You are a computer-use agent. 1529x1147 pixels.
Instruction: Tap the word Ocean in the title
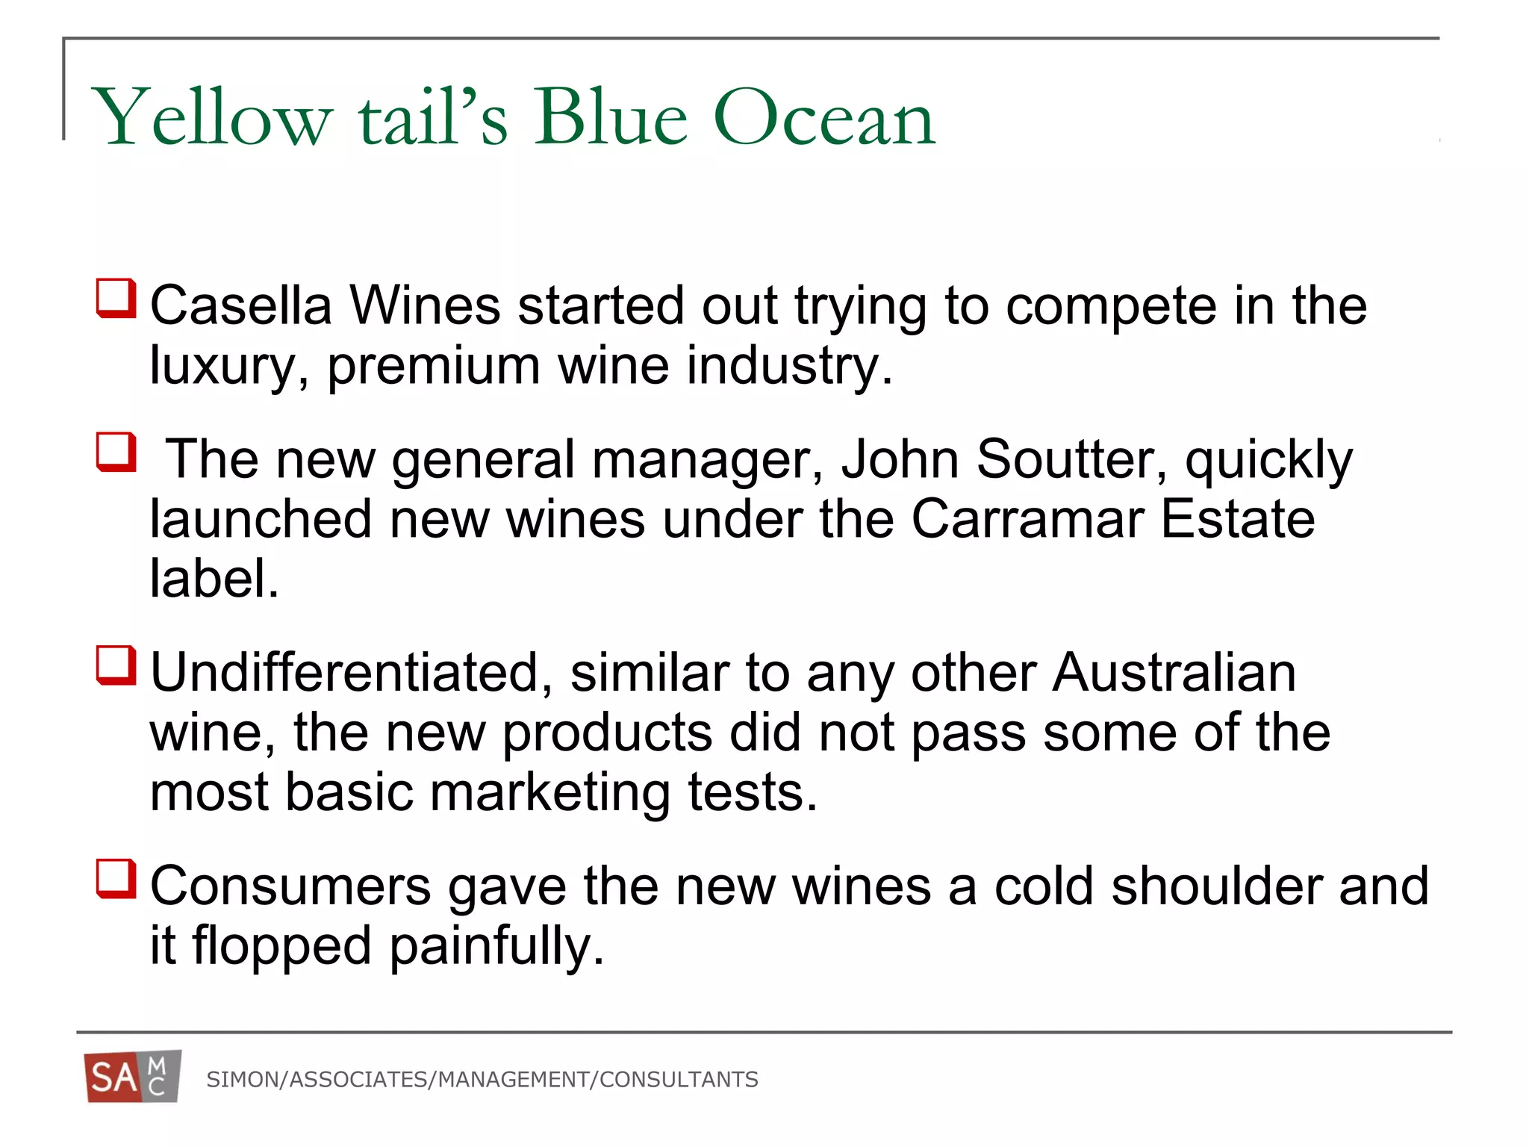tap(824, 118)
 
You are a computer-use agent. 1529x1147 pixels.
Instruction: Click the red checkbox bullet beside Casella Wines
tap(116, 298)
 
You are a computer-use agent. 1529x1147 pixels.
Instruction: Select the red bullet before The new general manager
tap(116, 453)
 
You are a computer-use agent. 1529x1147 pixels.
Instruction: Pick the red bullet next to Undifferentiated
tap(116, 665)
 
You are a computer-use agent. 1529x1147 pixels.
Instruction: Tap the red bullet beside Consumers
tap(116, 879)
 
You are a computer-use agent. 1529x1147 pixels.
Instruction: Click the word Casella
tap(241, 305)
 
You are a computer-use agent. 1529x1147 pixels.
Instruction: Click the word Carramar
tap(1027, 519)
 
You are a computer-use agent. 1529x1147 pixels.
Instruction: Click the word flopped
tap(282, 946)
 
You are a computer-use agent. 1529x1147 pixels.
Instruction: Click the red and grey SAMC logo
tap(133, 1077)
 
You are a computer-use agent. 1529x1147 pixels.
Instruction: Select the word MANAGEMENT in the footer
tap(514, 1080)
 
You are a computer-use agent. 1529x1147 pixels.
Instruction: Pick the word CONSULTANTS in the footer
tap(679, 1080)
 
